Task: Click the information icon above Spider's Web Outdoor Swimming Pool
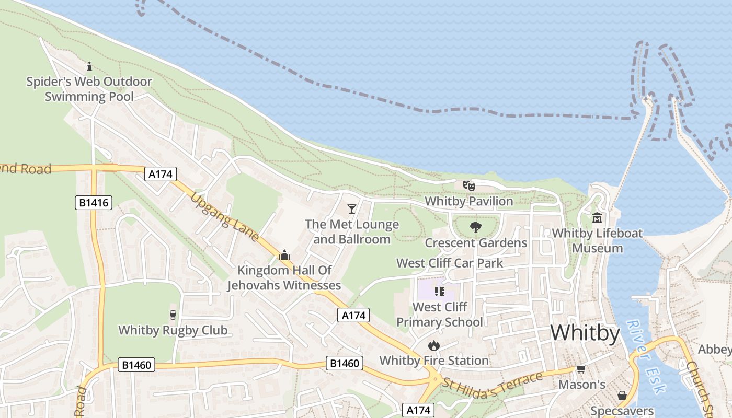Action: [x=89, y=66]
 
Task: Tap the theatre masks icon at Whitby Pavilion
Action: [x=468, y=185]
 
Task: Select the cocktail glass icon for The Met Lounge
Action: [x=352, y=209]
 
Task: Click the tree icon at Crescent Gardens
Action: [x=475, y=227]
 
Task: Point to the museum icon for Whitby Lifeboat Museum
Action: [x=597, y=217]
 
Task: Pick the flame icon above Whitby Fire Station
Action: [x=433, y=345]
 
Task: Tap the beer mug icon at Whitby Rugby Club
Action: [x=173, y=315]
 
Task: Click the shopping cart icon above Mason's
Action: [x=581, y=369]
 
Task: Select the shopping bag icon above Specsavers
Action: [x=622, y=396]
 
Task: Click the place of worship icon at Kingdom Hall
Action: [x=284, y=255]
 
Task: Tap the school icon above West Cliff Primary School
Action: [x=439, y=292]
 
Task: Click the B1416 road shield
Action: [x=94, y=202]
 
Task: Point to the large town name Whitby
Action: [x=585, y=333]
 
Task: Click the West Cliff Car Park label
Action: [x=450, y=263]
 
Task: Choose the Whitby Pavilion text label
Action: [x=468, y=201]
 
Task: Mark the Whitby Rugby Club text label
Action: [x=173, y=330]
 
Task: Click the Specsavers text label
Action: [x=622, y=411]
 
